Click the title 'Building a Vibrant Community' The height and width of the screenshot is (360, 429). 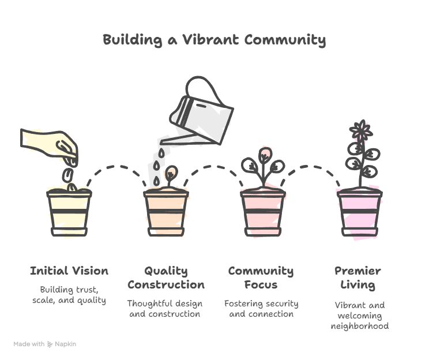click(x=214, y=40)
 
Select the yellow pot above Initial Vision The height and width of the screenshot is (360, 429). click(x=69, y=211)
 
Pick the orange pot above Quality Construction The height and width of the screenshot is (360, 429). click(x=165, y=211)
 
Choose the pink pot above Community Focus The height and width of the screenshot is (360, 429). click(x=262, y=211)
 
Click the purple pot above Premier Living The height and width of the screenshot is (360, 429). click(x=359, y=211)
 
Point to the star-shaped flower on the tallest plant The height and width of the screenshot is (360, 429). click(x=362, y=132)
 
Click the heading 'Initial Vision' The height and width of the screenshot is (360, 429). click(x=69, y=271)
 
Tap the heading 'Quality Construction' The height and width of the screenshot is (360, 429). click(x=165, y=277)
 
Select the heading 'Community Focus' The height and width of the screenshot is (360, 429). click(x=261, y=277)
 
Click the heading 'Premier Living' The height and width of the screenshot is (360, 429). click(x=357, y=277)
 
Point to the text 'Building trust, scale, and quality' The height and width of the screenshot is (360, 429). click(x=69, y=295)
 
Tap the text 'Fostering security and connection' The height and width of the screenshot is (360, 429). click(x=261, y=309)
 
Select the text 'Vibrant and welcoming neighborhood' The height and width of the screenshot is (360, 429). click(x=359, y=316)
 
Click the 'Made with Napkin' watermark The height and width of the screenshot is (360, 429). click(x=45, y=344)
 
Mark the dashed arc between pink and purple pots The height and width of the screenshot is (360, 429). click(x=311, y=169)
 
